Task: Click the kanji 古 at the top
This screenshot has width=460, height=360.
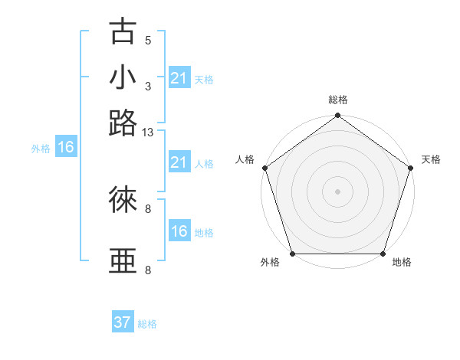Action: [123, 31]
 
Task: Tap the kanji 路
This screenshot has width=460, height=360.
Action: [123, 123]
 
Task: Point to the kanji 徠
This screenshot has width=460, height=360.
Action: [123, 200]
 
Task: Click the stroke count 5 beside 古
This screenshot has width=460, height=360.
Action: [148, 41]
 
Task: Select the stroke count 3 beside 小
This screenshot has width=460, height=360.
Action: [148, 87]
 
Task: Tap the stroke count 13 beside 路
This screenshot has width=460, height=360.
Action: [148, 133]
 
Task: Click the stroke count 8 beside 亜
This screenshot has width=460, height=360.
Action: [148, 270]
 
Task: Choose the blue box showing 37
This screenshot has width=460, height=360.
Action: [123, 322]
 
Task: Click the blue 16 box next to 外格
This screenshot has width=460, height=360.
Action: [66, 148]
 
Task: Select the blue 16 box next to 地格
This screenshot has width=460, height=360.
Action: [179, 231]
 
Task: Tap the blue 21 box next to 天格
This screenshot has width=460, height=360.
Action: [179, 78]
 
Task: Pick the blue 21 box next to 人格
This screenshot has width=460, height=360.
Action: [179, 162]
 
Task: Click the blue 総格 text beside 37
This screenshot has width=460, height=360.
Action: [147, 324]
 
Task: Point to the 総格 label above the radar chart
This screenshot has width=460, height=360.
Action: [337, 100]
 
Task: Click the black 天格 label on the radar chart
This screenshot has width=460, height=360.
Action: [431, 159]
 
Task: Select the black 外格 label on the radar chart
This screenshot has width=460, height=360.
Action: [270, 263]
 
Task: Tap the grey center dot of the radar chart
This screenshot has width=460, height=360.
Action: [337, 191]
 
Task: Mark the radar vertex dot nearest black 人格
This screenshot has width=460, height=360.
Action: [264, 168]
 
